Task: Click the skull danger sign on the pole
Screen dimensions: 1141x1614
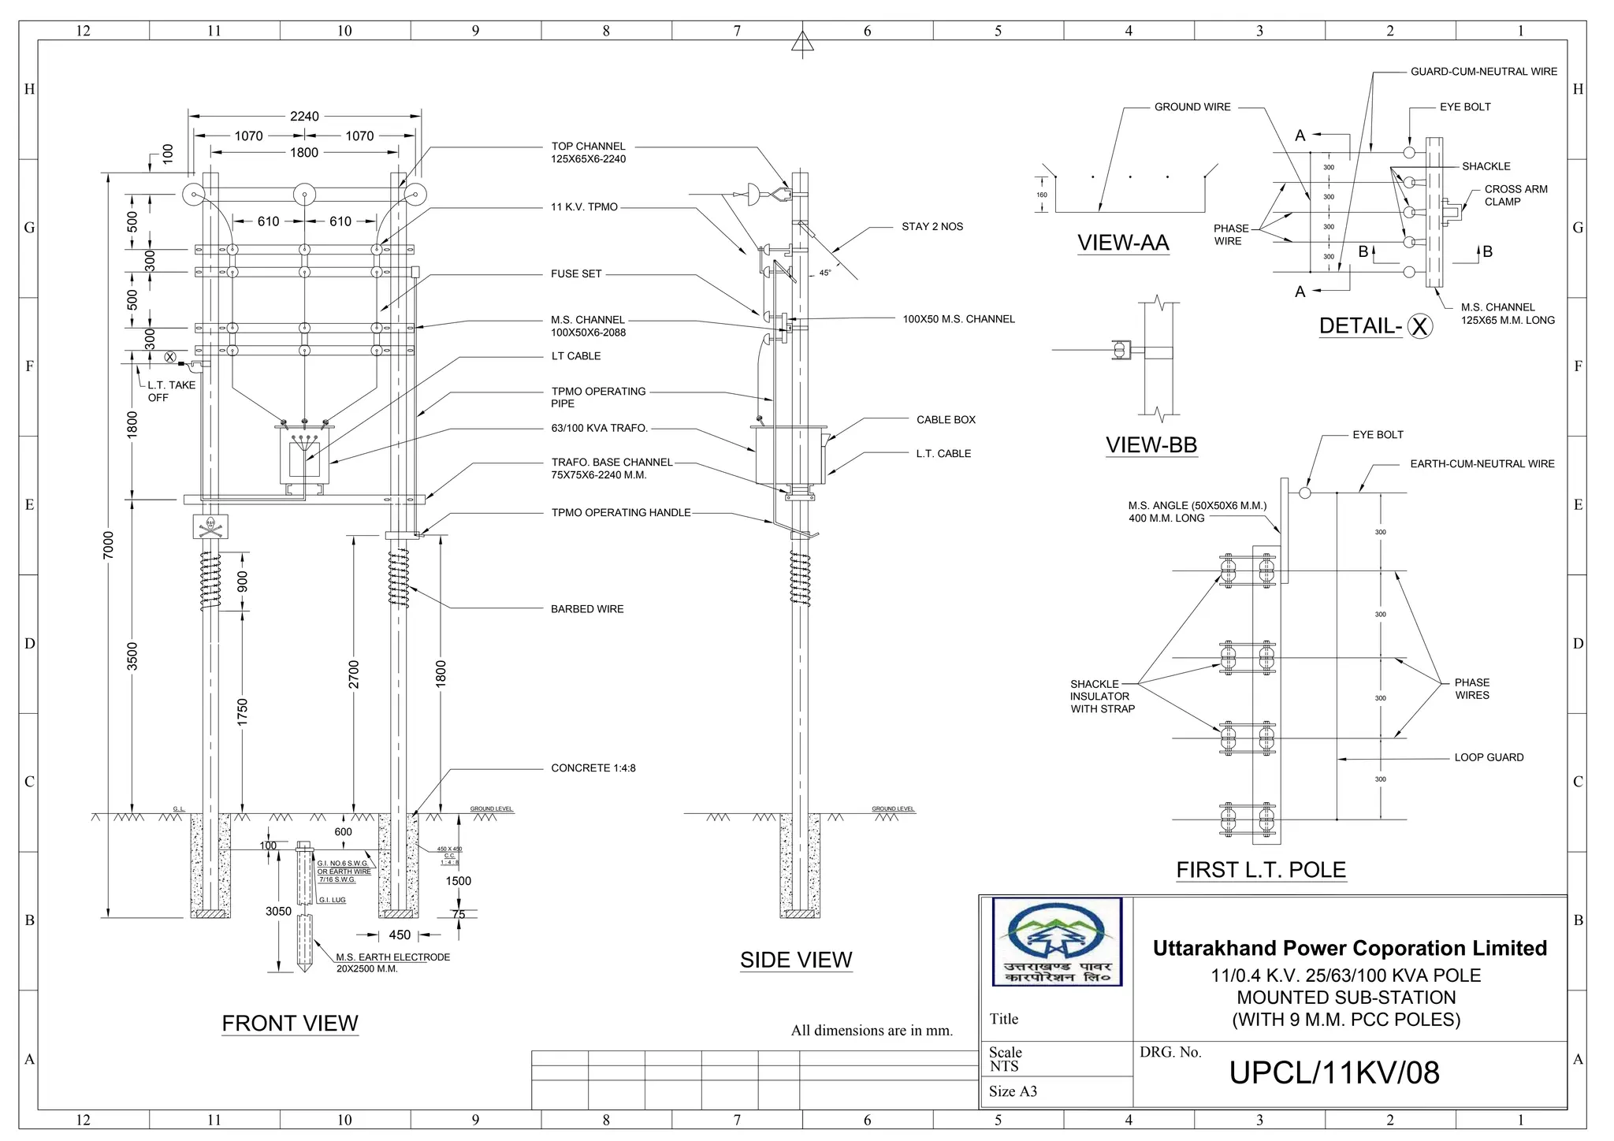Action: [210, 526]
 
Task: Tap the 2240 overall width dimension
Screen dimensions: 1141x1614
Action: [304, 117]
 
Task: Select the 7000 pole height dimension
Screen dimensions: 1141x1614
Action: [109, 545]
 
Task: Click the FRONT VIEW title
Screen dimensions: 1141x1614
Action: [290, 1023]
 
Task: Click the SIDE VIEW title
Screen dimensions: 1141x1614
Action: [796, 960]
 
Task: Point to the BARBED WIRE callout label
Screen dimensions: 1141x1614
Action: [587, 609]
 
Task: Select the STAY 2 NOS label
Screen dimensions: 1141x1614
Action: [932, 227]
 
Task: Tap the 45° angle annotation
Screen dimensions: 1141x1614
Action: [824, 273]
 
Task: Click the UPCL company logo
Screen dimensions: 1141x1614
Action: [1057, 942]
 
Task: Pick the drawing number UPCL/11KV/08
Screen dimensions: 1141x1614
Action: [1334, 1072]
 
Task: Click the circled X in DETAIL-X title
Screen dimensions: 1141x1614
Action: [1419, 326]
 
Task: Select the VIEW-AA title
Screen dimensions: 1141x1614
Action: [1123, 243]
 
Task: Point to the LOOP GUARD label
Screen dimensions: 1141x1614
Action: [1489, 757]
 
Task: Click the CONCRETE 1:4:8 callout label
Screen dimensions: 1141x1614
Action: [593, 768]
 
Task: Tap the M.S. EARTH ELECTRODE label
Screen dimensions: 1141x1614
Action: [392, 957]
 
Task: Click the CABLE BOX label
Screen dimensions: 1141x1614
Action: [946, 420]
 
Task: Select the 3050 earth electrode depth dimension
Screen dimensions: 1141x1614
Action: [278, 911]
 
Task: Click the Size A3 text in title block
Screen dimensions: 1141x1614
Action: [1013, 1091]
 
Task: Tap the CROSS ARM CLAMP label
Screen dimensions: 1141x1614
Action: [1515, 195]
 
